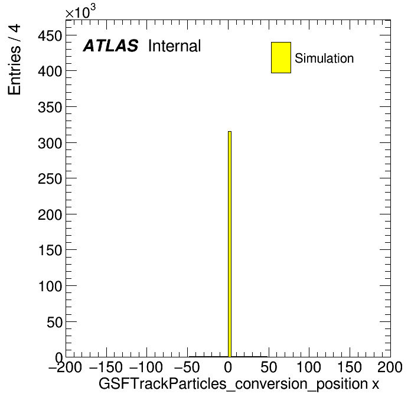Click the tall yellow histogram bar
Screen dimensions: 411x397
[x=230, y=244]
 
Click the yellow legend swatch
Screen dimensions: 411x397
[x=281, y=57]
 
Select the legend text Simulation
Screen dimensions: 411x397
[x=324, y=58]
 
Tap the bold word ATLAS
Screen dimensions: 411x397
[x=110, y=45]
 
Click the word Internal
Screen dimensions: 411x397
[x=175, y=45]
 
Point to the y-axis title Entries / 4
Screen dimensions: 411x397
[x=14, y=60]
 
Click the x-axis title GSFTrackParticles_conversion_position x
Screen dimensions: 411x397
[x=239, y=384]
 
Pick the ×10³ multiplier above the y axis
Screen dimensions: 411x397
[x=80, y=12]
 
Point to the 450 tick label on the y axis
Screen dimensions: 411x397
[x=50, y=35]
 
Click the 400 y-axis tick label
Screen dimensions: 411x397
[x=50, y=71]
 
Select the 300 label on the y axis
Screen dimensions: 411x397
[x=50, y=144]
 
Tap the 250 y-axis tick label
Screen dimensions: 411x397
[x=50, y=179]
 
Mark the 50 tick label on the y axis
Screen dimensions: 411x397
[x=54, y=323]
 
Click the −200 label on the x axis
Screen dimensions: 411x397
[x=66, y=367]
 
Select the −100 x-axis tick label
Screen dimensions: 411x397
[x=146, y=367]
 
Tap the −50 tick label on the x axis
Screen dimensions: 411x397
[x=187, y=367]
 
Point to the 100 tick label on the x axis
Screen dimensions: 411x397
[x=309, y=367]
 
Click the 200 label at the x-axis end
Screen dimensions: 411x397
[x=390, y=367]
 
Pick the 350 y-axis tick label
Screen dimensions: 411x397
[x=50, y=108]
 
